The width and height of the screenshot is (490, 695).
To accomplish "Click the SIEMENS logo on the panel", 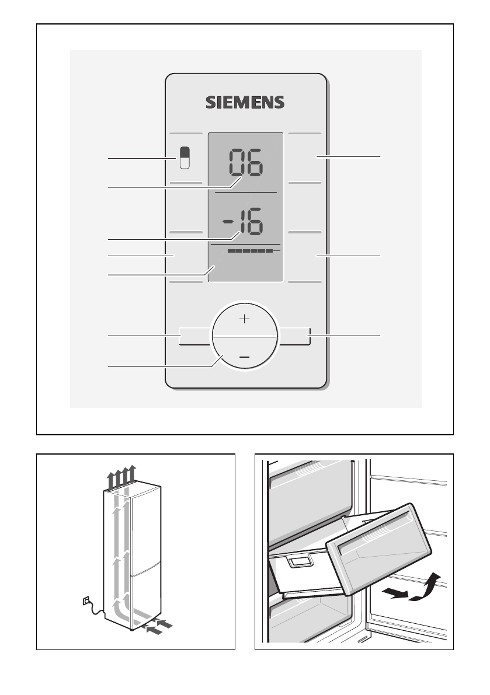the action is coord(245,103).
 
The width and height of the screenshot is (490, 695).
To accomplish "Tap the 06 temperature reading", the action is coord(245,162).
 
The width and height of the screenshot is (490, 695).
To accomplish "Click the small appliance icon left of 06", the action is coord(185,158).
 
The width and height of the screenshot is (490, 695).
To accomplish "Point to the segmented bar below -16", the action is coord(251,250).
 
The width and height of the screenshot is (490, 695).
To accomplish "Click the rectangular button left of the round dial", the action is coord(194,337).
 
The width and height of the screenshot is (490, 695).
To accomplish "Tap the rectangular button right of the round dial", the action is coord(294,337).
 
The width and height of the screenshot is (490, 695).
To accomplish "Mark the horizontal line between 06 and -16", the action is coord(245,192).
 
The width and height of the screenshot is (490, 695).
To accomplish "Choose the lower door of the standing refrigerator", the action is coord(143,595).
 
